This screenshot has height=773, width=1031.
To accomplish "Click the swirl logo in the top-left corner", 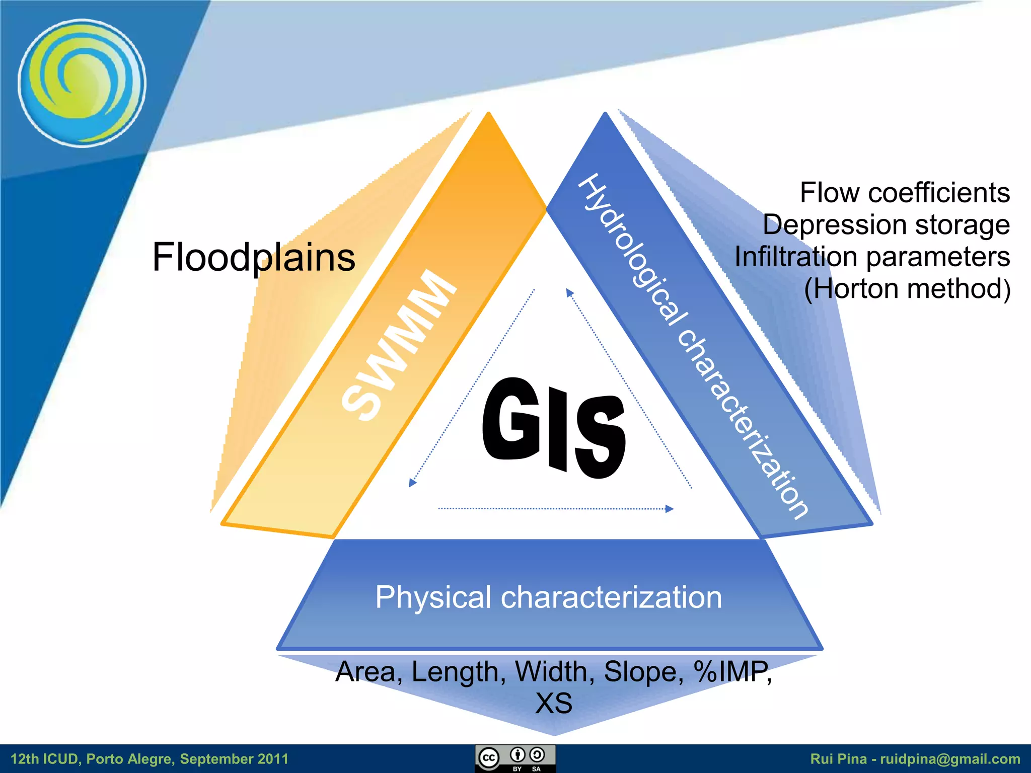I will click(82, 83).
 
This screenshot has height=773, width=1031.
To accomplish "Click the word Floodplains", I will click(254, 257).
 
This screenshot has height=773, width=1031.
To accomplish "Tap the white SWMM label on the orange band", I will click(399, 346).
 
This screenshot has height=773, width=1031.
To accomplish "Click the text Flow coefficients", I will click(905, 193).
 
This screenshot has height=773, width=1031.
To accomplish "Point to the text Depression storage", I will click(886, 224).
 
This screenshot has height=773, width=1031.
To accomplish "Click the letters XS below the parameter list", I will click(554, 704).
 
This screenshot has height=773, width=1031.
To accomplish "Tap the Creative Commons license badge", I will click(515, 758).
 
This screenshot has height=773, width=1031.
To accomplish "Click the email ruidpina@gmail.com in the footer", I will click(950, 759).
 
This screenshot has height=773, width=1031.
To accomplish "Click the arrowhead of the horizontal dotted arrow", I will click(670, 509).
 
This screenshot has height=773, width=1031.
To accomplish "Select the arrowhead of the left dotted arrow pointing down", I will click(412, 483).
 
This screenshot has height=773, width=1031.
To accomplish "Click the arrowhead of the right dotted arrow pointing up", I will click(569, 292).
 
